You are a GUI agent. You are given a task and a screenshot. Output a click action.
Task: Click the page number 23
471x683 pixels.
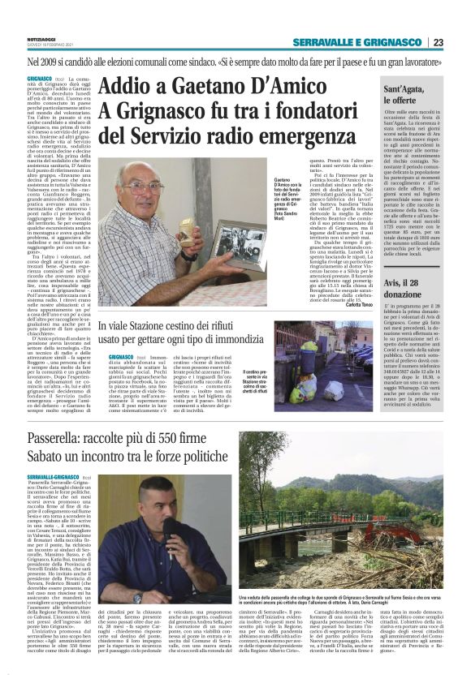tap(460, 42)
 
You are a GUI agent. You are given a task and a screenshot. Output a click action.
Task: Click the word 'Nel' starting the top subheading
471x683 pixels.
tap(58, 61)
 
